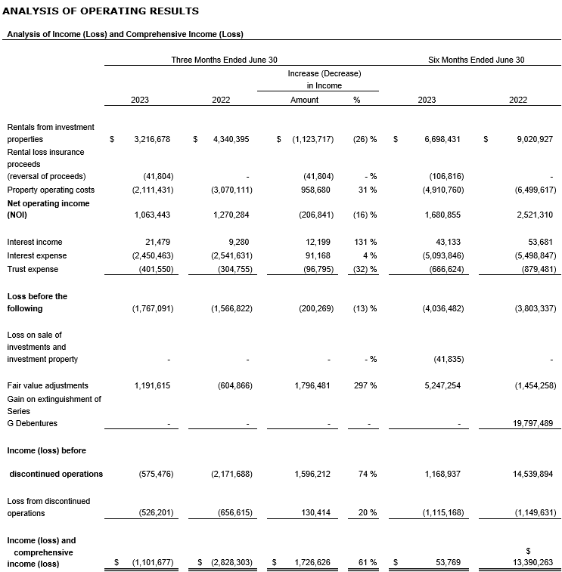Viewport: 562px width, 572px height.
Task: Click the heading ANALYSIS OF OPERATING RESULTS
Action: click(102, 11)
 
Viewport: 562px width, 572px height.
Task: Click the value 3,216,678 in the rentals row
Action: click(151, 139)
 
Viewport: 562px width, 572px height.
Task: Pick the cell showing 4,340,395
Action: click(231, 139)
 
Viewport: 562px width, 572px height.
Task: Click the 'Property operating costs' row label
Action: click(51, 190)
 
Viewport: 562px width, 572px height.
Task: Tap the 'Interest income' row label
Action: click(35, 242)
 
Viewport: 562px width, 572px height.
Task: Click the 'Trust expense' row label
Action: click(33, 269)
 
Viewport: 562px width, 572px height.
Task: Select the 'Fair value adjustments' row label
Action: click(48, 385)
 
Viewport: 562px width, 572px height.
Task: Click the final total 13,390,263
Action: click(533, 562)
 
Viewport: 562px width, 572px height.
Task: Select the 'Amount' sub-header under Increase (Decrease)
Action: click(304, 100)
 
